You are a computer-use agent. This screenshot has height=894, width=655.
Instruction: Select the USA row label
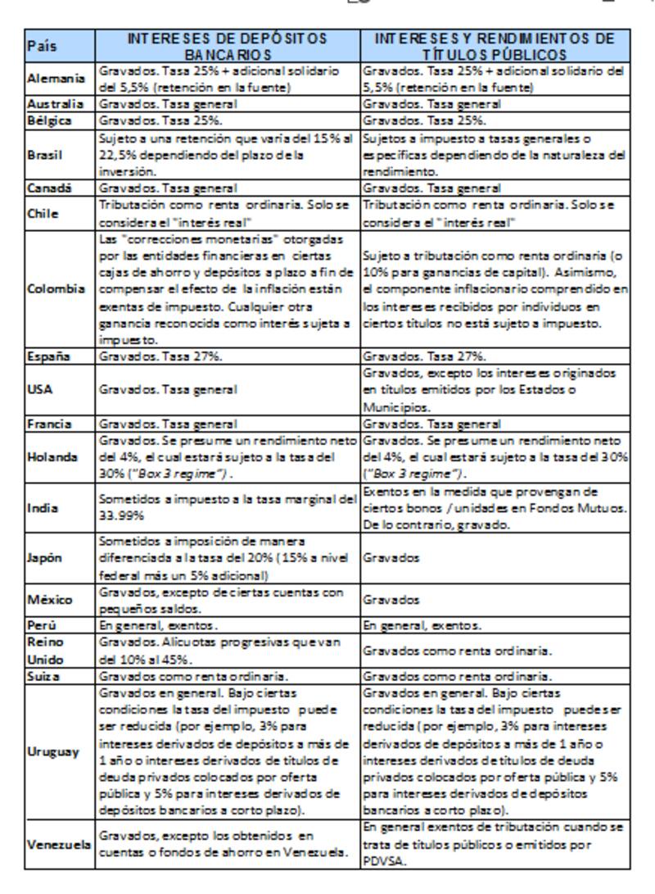tap(39, 389)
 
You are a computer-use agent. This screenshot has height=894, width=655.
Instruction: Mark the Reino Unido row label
tap(45, 651)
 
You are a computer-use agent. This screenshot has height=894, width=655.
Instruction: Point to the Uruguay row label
tap(53, 751)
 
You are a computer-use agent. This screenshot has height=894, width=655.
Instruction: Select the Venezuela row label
tap(59, 843)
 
